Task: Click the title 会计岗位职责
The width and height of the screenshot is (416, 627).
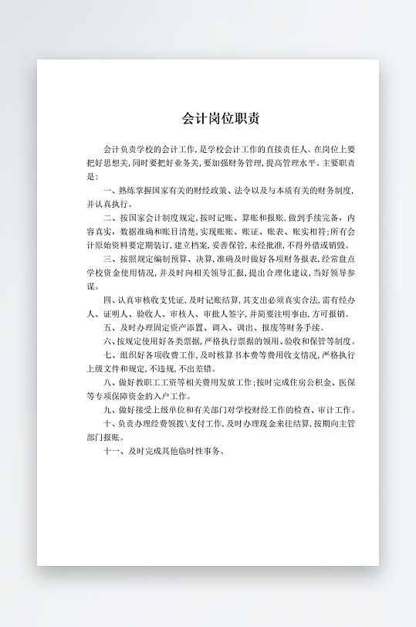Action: [221, 119]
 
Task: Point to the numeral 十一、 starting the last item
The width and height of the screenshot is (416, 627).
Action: [113, 451]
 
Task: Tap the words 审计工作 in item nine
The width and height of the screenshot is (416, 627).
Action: [337, 410]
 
